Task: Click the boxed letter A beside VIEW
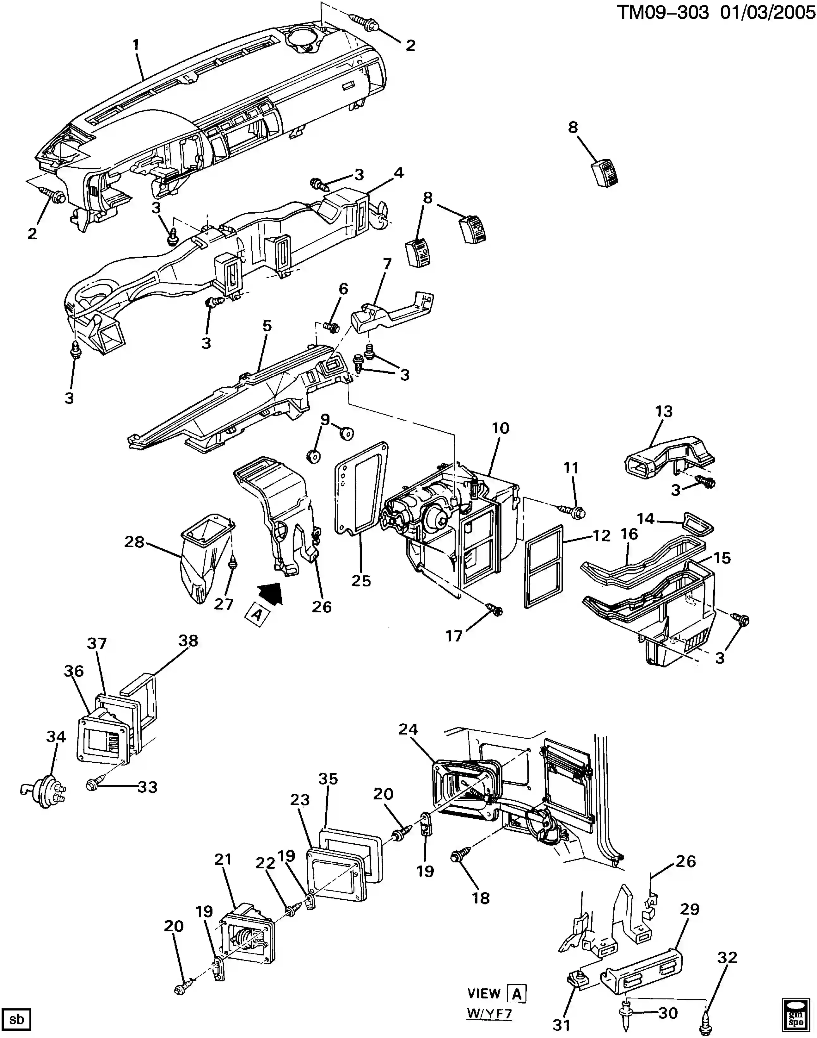517,994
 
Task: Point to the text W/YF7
489,1014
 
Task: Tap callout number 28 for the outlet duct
134,542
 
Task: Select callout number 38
188,641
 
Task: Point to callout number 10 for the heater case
500,428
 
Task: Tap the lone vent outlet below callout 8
605,172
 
